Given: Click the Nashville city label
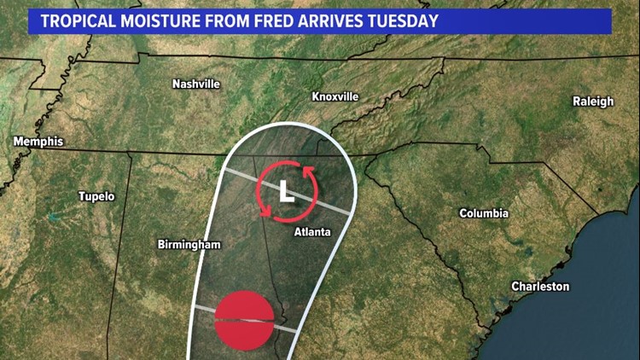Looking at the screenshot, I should pos(196,84).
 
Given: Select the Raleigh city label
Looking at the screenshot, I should pos(593,102).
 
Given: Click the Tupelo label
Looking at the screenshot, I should pos(96,196).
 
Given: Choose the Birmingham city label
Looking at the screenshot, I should pos(189,245).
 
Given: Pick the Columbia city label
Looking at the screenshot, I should pos(484,213).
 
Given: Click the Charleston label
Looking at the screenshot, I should pos(539,287).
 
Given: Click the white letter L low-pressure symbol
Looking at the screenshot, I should pos(288,192).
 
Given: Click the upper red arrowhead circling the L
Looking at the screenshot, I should pos(306,174).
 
